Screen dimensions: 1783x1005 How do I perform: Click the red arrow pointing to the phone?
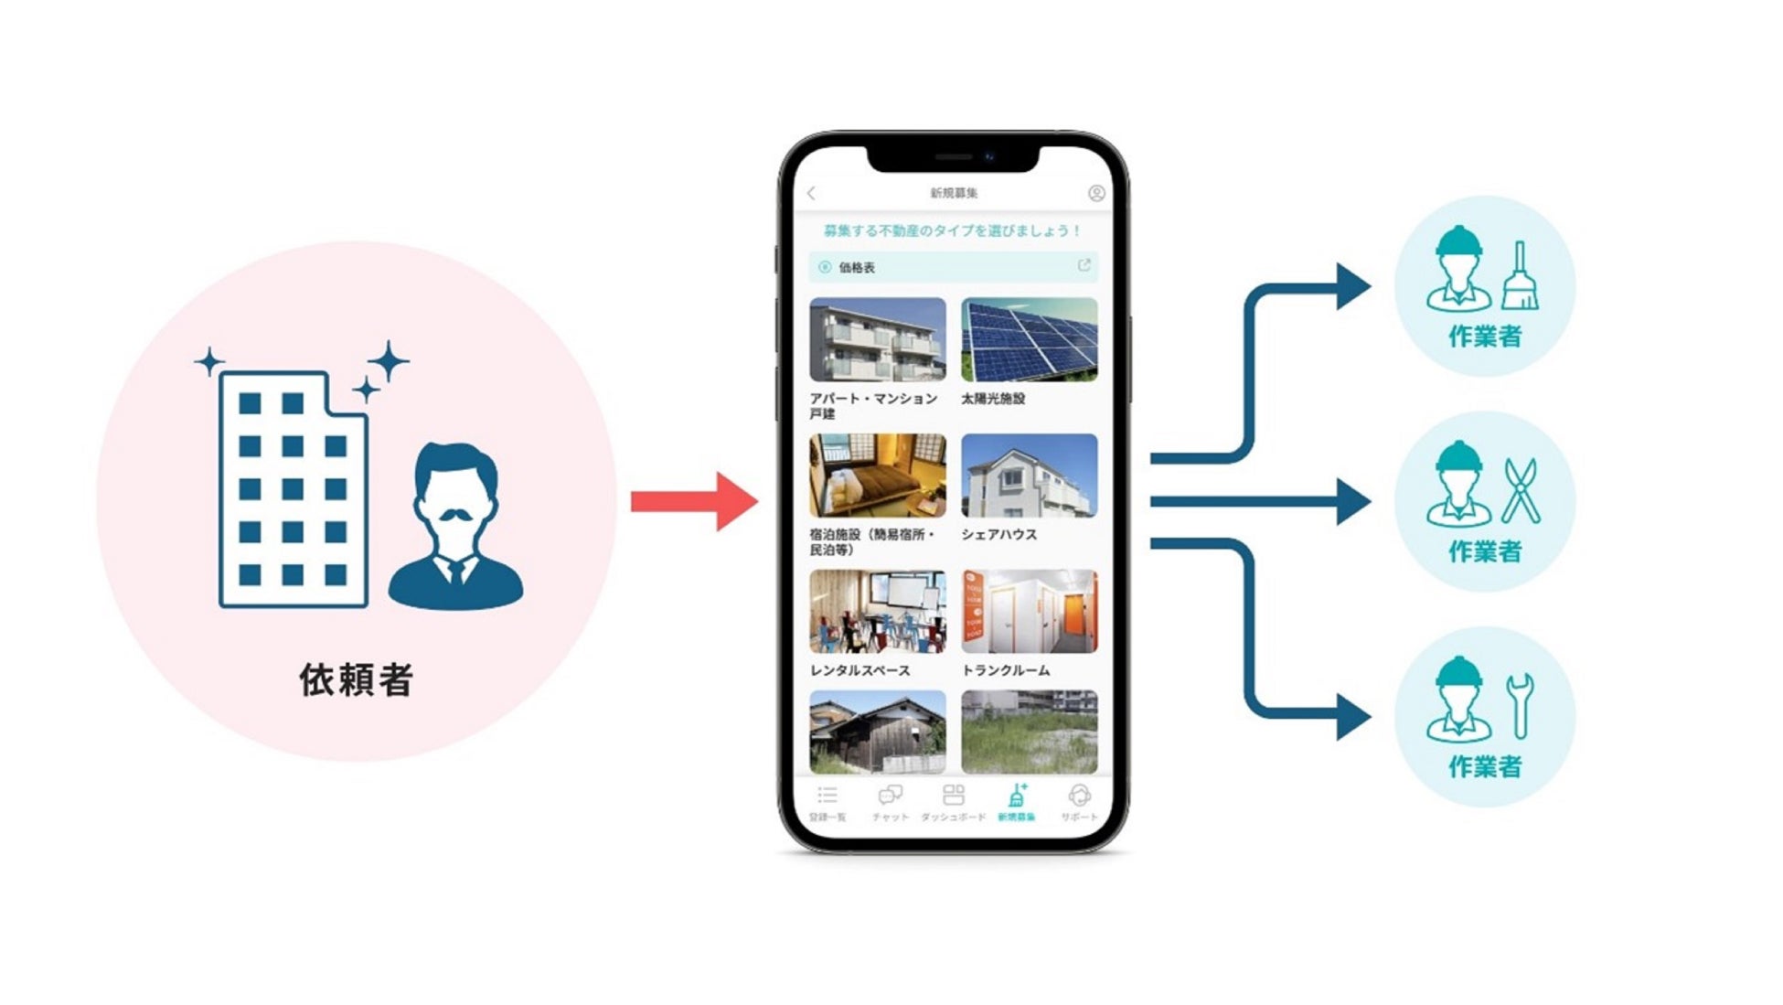coord(695,501)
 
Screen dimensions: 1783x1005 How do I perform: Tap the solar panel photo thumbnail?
coord(1029,339)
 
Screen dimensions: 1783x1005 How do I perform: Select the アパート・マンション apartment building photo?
coord(878,339)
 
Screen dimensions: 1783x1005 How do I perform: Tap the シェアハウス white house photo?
coord(1029,476)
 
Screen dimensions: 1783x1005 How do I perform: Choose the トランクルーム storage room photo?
coord(1029,611)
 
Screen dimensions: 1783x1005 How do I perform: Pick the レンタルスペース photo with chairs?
coord(878,611)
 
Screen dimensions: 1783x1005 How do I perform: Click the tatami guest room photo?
coord(878,476)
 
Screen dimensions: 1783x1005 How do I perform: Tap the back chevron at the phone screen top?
coord(812,193)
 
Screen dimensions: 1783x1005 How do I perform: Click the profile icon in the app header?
coord(1096,193)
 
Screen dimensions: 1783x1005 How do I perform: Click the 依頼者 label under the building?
coord(357,680)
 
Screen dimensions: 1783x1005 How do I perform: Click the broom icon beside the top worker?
coord(1520,276)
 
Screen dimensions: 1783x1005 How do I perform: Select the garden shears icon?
coord(1521,491)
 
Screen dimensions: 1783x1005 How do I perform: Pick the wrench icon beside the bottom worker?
coord(1521,705)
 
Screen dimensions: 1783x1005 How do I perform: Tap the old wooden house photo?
coord(878,732)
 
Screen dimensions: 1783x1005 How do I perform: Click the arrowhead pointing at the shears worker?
coord(1353,501)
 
